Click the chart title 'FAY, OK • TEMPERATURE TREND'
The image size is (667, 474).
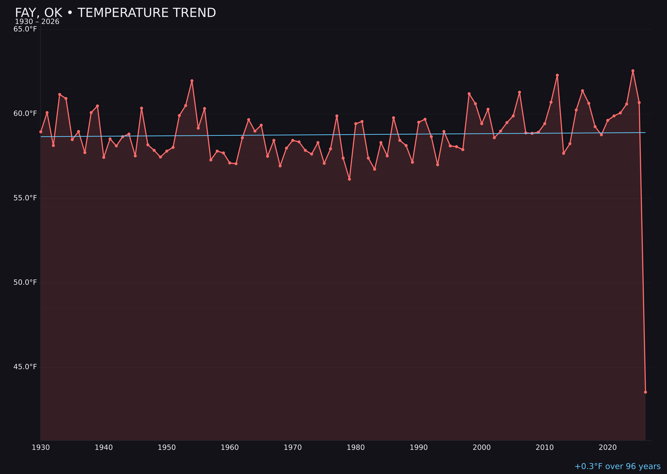pos(115,13)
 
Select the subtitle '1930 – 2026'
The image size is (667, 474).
pos(37,22)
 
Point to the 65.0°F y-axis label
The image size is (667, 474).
pos(25,29)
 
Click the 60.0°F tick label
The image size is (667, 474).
pos(25,113)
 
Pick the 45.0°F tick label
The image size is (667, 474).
pos(25,367)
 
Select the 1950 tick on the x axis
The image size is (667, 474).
pos(167,448)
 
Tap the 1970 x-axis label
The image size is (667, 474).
pos(293,448)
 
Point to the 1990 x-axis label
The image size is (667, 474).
pos(419,448)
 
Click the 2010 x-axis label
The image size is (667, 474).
pos(545,448)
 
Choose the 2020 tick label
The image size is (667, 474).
pos(607,448)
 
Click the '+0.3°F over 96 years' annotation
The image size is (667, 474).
pos(617,466)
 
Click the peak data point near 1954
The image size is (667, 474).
pos(192,81)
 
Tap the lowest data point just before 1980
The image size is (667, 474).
pos(349,179)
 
